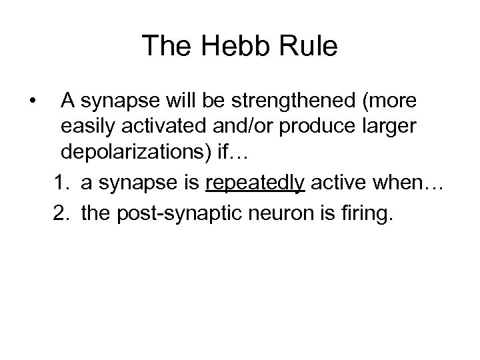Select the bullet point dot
pos(33,101)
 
